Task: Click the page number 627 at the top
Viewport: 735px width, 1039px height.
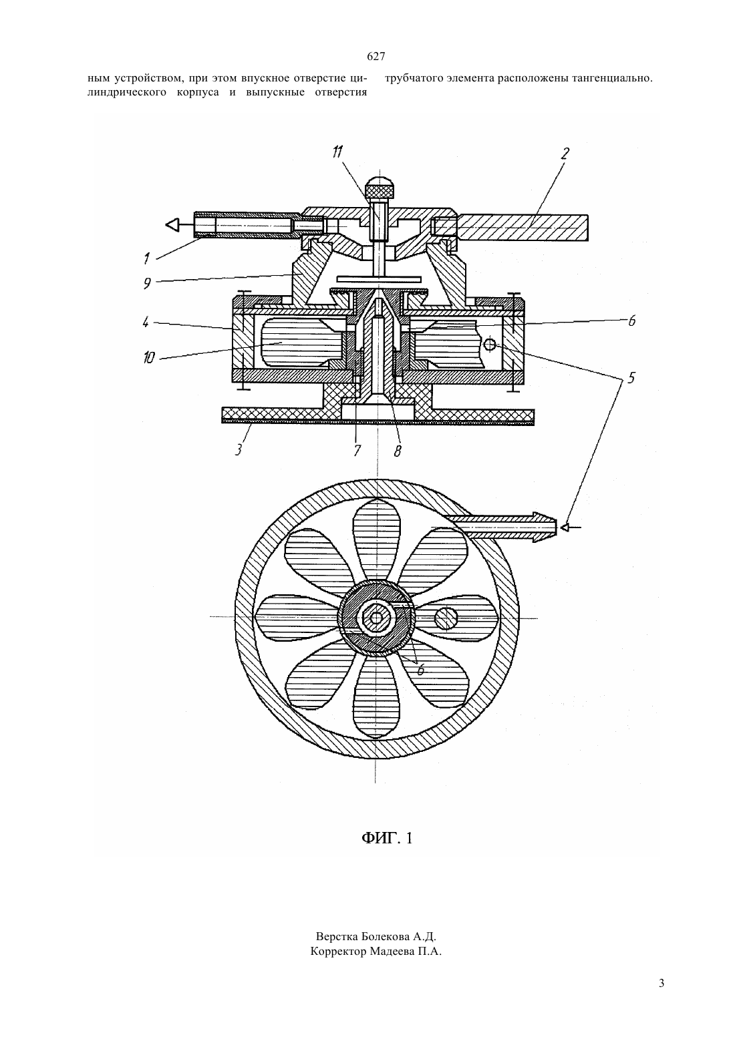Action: pyautogui.click(x=376, y=57)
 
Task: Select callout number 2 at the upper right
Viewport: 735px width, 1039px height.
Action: pyautogui.click(x=565, y=153)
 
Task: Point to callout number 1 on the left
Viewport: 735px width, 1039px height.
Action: pyautogui.click(x=146, y=258)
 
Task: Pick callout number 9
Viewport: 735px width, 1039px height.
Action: pyautogui.click(x=147, y=283)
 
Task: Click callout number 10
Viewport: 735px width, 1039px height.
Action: pyautogui.click(x=149, y=358)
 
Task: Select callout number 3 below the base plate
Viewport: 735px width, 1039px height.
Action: pyautogui.click(x=239, y=449)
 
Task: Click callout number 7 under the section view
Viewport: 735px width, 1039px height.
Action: pyautogui.click(x=357, y=450)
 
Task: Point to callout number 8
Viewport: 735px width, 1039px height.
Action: pyautogui.click(x=398, y=451)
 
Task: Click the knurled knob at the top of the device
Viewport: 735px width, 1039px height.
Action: pyautogui.click(x=380, y=188)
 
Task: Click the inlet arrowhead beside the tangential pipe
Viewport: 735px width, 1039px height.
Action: pyautogui.click(x=565, y=528)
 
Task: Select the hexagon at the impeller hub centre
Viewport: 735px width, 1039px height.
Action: pyautogui.click(x=375, y=618)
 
